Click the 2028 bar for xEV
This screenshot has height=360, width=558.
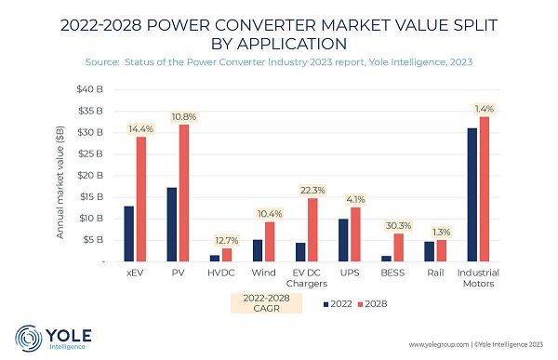(x=141, y=199)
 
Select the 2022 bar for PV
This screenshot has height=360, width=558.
(x=171, y=225)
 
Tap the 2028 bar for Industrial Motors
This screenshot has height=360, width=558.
(x=485, y=189)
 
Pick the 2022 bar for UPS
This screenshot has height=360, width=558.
(x=343, y=240)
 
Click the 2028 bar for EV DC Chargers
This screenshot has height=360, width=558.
(x=312, y=230)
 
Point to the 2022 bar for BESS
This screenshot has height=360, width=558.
(x=387, y=259)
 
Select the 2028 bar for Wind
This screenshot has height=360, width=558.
(x=270, y=242)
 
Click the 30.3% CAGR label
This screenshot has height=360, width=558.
(x=399, y=226)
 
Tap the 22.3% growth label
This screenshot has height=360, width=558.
(x=312, y=191)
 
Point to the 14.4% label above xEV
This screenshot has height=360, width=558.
(x=141, y=129)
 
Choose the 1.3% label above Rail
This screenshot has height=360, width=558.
(x=441, y=233)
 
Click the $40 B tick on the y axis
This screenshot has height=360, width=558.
(x=89, y=89)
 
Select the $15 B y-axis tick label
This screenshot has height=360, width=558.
(x=91, y=197)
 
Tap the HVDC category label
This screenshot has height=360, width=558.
(x=221, y=273)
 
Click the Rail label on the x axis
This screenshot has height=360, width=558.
(x=435, y=273)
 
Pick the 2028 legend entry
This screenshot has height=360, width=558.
(x=372, y=304)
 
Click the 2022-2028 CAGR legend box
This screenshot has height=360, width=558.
(x=267, y=303)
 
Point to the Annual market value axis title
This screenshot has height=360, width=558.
(x=60, y=182)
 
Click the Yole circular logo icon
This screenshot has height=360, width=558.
(x=29, y=339)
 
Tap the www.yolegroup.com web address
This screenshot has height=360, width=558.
(x=438, y=345)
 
